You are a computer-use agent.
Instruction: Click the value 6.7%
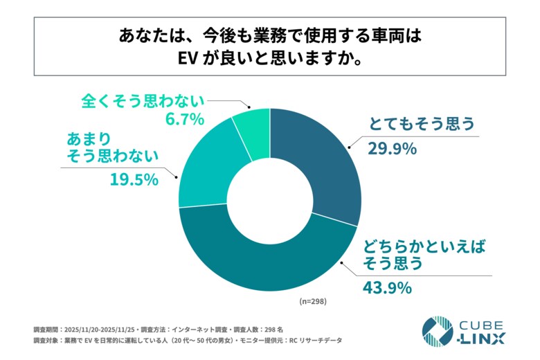point(184,119)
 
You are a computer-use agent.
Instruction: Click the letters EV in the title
point(189,57)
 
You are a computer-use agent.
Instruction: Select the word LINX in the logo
point(482,339)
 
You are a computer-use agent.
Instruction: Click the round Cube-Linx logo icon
point(437,331)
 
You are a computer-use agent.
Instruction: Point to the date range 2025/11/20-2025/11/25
point(98,328)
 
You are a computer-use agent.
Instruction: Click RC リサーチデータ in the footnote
point(314,341)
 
